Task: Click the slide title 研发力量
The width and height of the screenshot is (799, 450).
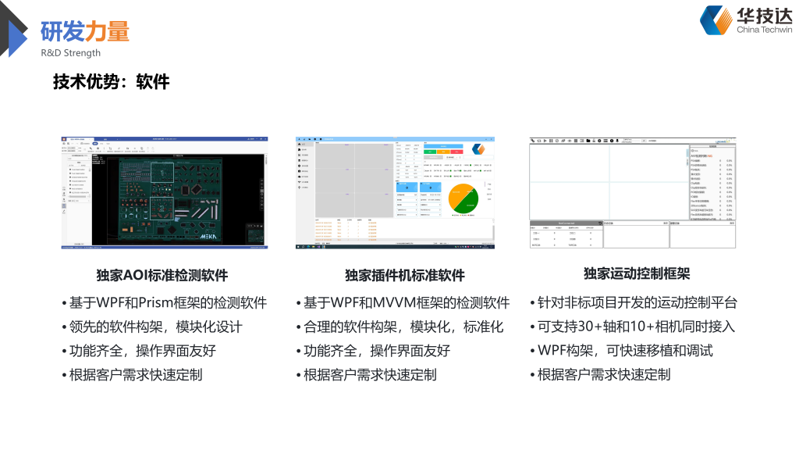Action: [x=85, y=31]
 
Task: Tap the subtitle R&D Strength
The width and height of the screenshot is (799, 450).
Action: [x=71, y=53]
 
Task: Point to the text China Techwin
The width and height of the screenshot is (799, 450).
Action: [x=764, y=30]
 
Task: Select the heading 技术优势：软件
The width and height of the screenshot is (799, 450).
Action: [x=111, y=81]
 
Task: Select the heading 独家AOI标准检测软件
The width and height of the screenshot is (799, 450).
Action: [x=162, y=275]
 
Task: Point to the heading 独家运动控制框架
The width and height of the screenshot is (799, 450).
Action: [x=637, y=273]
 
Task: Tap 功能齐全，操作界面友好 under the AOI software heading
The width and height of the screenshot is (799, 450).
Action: [x=141, y=351]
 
